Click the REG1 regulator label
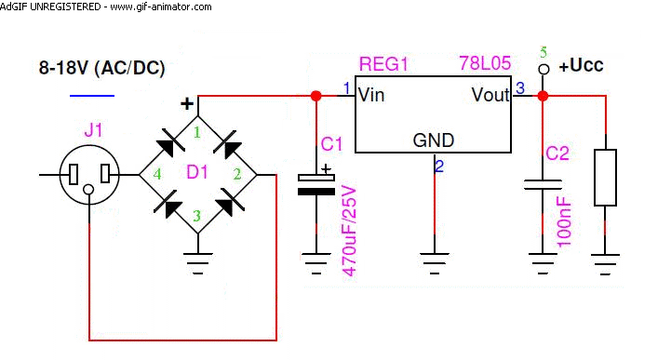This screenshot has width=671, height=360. (x=383, y=64)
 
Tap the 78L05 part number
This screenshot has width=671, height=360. (x=485, y=63)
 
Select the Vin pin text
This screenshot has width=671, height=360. (x=371, y=95)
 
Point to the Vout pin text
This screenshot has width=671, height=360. (x=490, y=95)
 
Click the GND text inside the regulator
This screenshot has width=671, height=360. (x=434, y=140)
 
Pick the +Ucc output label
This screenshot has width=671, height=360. (x=581, y=65)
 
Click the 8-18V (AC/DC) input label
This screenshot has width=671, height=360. (x=101, y=68)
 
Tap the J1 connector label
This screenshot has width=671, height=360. (x=94, y=129)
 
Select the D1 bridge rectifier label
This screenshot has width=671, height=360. (x=197, y=172)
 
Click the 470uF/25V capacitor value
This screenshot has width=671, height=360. (x=350, y=231)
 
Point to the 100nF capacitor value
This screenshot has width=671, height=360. (x=564, y=221)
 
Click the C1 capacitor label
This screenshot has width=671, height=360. (x=331, y=144)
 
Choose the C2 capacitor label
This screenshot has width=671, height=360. (x=557, y=153)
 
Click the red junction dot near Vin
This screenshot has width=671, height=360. (x=315, y=96)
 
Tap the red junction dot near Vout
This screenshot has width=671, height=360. (x=543, y=96)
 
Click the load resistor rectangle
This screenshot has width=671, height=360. (x=605, y=178)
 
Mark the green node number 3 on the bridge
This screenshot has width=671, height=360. (x=196, y=216)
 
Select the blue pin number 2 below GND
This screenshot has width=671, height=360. (x=439, y=167)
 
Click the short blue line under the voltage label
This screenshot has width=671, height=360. (x=92, y=96)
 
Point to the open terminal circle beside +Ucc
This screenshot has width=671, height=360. (x=544, y=69)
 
